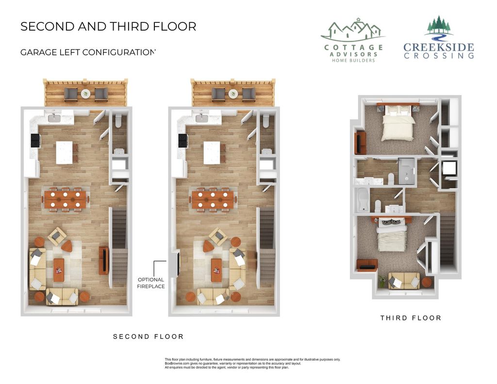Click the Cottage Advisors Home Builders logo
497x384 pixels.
(353, 41)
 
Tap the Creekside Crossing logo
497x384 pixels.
(439, 39)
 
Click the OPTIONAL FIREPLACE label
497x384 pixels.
(151, 283)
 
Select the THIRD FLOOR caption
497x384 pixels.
(411, 318)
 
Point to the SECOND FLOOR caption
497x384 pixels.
(148, 336)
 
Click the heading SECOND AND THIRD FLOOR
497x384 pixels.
(108, 26)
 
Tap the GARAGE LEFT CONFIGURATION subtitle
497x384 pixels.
(88, 52)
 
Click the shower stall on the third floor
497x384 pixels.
(407, 171)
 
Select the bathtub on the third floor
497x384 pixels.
(362, 200)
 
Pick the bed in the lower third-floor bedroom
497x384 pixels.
(392, 236)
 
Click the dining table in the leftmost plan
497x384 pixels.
(65, 199)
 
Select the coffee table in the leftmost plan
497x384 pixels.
(59, 269)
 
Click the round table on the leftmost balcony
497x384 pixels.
(86, 94)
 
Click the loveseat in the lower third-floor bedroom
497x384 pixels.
(404, 281)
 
